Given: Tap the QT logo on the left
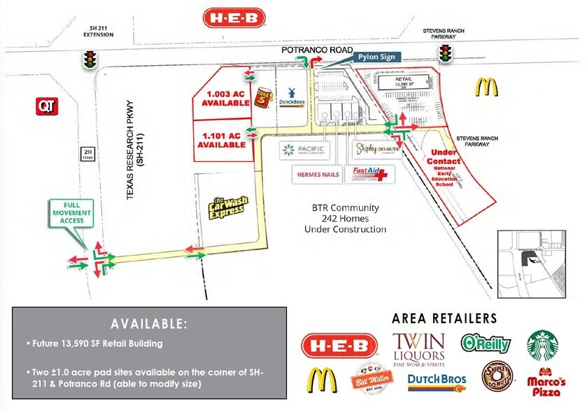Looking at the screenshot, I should (46, 105).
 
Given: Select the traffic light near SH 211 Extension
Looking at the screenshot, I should (89, 59).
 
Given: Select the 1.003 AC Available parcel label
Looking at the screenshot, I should (227, 97).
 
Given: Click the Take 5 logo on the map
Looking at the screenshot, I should (263, 97).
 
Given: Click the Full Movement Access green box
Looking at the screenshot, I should (71, 212).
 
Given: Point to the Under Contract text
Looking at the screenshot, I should (445, 157).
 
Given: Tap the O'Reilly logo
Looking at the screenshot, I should (485, 343).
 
